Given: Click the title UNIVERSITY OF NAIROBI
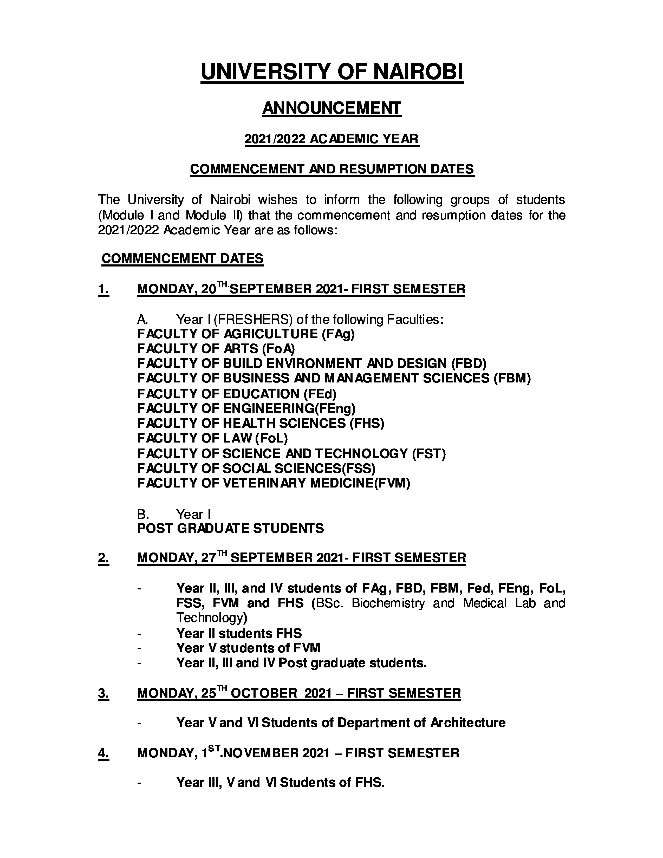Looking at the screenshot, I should [x=332, y=72].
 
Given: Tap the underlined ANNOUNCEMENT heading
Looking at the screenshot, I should [x=332, y=108].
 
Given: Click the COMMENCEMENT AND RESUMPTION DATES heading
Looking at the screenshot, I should [x=332, y=169].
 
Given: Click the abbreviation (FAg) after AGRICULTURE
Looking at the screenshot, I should [x=338, y=334].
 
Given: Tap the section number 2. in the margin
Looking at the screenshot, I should [x=103, y=558].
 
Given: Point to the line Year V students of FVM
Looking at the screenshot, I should [x=248, y=648].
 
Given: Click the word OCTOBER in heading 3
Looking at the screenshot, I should [x=264, y=693].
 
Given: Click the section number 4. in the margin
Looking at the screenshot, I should [x=103, y=753].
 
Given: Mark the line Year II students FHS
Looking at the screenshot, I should [x=239, y=633].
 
